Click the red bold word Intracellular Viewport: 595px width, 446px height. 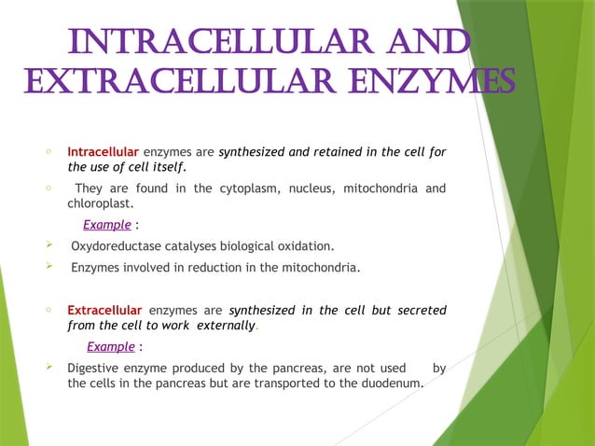pyautogui.click(x=103, y=152)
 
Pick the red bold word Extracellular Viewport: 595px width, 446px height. pyautogui.click(x=104, y=310)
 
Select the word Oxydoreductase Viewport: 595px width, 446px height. pyautogui.click(x=119, y=246)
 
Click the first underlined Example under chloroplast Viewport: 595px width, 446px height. pyautogui.click(x=106, y=225)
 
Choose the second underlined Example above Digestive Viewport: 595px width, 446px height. pyautogui.click(x=110, y=347)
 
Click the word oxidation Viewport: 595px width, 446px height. pyautogui.click(x=303, y=246)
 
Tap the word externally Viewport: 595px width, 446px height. pyautogui.click(x=223, y=325)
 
